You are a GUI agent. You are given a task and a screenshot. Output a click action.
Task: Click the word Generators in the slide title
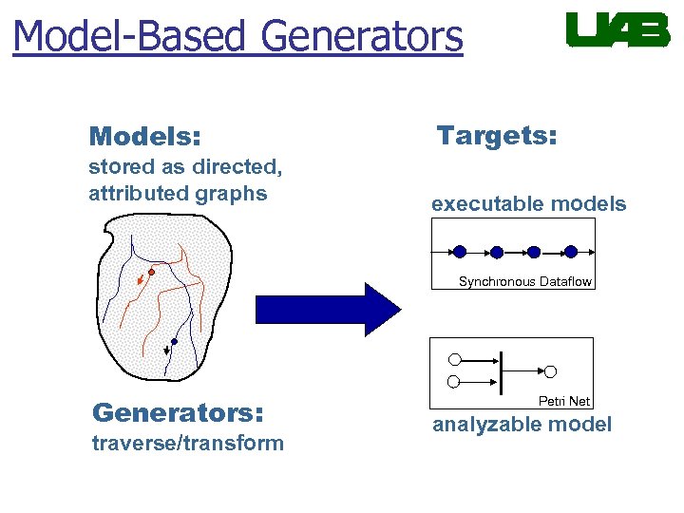[361, 37]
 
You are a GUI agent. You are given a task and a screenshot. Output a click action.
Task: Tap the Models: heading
[144, 138]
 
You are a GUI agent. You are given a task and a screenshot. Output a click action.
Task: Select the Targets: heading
[496, 136]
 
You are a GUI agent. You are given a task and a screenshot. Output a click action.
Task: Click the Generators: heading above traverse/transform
[178, 412]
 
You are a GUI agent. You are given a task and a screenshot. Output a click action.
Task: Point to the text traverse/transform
[187, 443]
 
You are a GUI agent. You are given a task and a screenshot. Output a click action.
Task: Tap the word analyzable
[480, 425]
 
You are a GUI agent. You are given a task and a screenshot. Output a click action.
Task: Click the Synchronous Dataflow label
[524, 281]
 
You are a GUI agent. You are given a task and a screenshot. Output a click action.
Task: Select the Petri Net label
[564, 401]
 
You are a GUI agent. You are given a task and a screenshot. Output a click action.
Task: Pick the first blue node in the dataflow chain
[460, 252]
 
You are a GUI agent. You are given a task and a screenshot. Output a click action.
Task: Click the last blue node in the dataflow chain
[571, 252]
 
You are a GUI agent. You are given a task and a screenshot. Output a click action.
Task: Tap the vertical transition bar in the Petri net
[500, 371]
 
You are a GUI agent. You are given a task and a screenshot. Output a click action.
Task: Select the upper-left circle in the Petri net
[454, 360]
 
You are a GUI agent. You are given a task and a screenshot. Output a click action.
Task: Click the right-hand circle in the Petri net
[550, 371]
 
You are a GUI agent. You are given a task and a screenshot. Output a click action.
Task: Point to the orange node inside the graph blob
[151, 272]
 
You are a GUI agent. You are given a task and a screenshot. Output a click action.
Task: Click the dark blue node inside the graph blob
[174, 342]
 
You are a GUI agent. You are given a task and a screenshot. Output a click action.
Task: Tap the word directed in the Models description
[237, 167]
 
